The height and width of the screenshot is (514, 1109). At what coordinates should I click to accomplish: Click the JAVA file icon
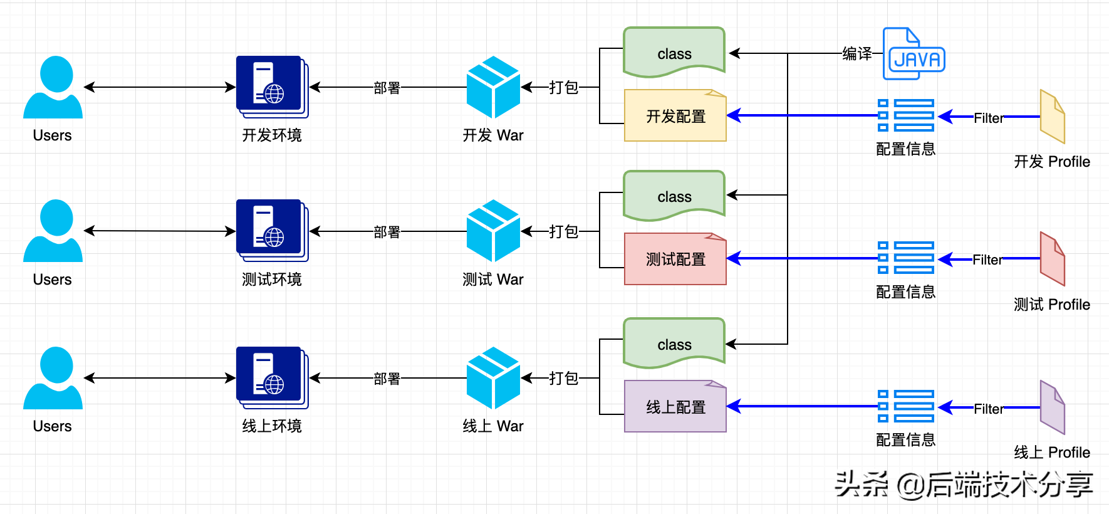[x=914, y=54]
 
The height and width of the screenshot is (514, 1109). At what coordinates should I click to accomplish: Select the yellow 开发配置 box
[x=675, y=116]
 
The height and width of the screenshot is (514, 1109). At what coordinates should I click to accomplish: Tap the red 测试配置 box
[x=675, y=260]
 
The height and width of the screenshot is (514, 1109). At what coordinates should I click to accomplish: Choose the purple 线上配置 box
[x=675, y=407]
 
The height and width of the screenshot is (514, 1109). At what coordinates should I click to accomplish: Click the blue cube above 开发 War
[x=493, y=87]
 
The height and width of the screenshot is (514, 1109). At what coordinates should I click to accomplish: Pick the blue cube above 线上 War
[x=493, y=378]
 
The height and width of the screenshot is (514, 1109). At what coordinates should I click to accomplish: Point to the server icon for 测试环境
[x=272, y=231]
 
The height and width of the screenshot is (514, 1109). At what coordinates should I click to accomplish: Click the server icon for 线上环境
[x=272, y=378]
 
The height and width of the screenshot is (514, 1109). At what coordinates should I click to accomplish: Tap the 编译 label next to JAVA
[x=856, y=54]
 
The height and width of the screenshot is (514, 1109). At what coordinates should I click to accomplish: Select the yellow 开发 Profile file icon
[x=1052, y=117]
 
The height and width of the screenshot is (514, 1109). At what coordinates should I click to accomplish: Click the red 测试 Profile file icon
[x=1052, y=259]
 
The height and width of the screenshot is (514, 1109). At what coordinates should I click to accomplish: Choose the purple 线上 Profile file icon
[x=1052, y=407]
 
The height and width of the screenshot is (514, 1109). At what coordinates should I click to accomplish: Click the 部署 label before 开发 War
[x=387, y=88]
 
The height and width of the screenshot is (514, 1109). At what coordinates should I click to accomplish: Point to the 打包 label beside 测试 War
[x=563, y=231]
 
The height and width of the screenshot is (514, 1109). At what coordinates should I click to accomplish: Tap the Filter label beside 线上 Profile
[x=988, y=409]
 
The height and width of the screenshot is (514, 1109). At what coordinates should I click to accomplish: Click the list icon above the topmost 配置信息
[x=906, y=115]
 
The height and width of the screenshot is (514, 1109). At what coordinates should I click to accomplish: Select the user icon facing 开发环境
[x=53, y=87]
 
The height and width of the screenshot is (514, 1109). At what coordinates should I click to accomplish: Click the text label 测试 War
[x=492, y=280]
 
